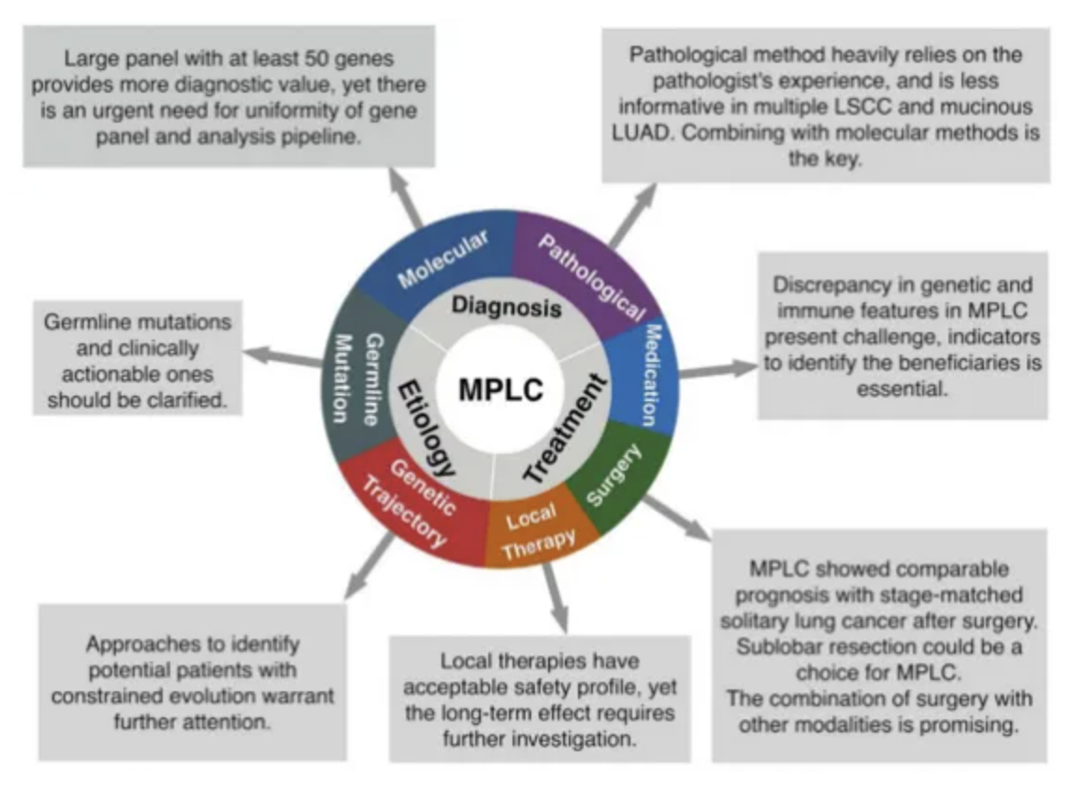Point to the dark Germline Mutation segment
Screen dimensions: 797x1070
356,379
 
